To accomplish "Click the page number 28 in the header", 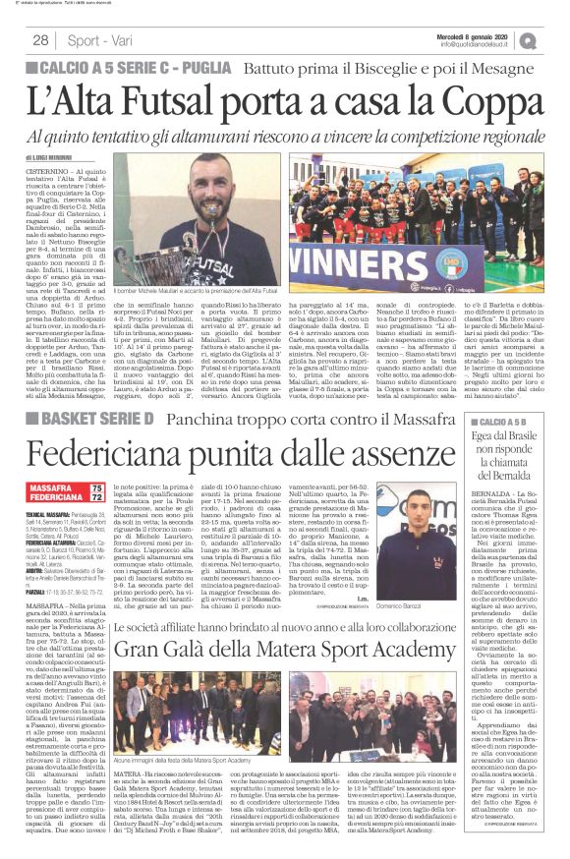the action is coord(41,40).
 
